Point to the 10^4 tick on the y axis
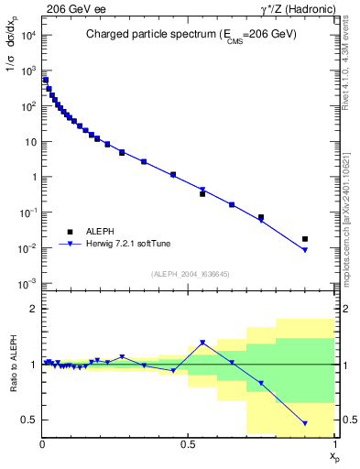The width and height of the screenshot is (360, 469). point(27,35)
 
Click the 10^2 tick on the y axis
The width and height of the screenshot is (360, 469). point(27,106)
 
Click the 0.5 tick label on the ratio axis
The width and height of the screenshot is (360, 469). point(30,420)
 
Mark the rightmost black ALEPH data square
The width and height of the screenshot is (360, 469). point(305,239)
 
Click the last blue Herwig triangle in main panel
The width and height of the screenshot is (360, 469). point(305,250)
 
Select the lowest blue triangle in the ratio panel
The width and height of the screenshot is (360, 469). point(305,423)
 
